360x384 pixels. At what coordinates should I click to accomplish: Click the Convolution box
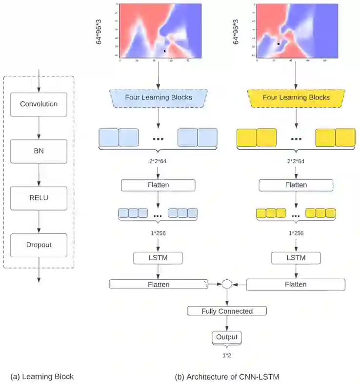(x=39, y=104)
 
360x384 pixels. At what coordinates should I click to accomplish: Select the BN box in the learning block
(x=39, y=152)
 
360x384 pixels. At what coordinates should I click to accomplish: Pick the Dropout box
(x=39, y=245)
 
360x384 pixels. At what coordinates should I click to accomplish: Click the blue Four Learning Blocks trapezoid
(x=158, y=97)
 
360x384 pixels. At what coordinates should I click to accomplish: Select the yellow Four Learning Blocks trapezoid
(x=296, y=97)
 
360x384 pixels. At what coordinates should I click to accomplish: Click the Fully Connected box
(x=227, y=311)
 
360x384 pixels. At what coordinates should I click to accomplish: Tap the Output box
(x=227, y=337)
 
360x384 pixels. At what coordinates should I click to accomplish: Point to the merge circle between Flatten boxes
(x=227, y=284)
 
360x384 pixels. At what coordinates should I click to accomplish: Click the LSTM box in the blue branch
(x=158, y=258)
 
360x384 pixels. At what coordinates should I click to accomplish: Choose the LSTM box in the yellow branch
(x=296, y=258)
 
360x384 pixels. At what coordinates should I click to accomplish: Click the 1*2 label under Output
(x=227, y=355)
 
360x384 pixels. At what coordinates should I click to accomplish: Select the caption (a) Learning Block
(x=42, y=376)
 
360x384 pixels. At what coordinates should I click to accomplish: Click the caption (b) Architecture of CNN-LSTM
(x=227, y=376)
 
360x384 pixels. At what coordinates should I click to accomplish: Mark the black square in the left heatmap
(x=165, y=50)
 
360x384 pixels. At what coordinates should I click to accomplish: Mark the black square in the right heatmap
(x=278, y=44)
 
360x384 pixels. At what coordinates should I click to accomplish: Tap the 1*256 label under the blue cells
(x=158, y=233)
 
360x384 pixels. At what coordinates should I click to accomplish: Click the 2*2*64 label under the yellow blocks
(x=296, y=161)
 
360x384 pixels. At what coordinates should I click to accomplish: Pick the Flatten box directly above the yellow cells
(x=296, y=185)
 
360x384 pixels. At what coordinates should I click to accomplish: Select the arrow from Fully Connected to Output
(x=227, y=324)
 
